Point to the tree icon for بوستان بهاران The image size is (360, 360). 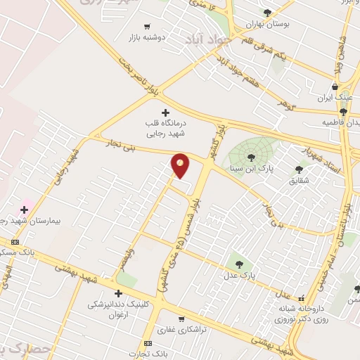tap(267, 13)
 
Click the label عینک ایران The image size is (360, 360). tap(334, 96)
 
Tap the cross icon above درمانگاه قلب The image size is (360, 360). tap(166, 112)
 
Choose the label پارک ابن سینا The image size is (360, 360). tap(249, 169)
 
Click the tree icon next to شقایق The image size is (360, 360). tap(299, 169)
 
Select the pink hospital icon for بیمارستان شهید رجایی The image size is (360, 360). tap(25, 209)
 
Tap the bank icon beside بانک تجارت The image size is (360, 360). tap(148, 342)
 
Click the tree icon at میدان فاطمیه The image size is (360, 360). tap(343, 111)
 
